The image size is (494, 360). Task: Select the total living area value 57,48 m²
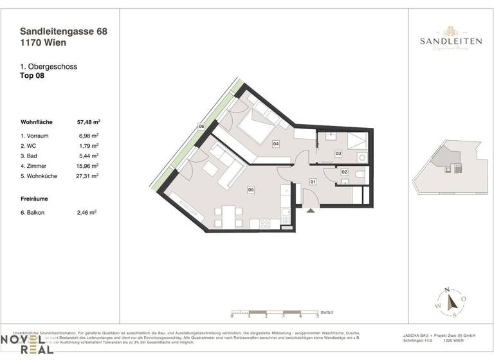(87, 121)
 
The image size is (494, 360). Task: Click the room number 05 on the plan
(251, 190)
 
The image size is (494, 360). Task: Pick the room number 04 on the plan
(276, 144)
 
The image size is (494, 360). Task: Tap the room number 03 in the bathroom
(338, 154)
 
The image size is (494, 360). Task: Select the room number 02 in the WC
(345, 172)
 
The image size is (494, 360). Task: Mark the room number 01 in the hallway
(313, 183)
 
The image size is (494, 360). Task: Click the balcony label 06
(201, 127)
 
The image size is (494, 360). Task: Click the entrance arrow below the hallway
(310, 209)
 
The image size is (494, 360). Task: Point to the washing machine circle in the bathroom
(361, 156)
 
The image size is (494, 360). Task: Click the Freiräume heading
(35, 199)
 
